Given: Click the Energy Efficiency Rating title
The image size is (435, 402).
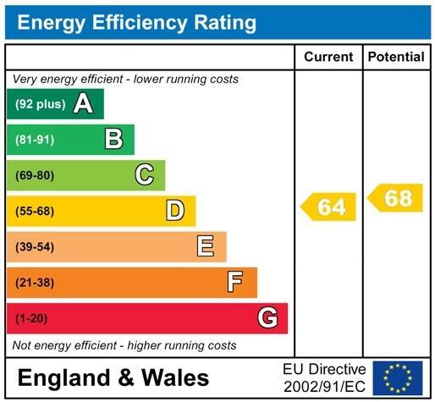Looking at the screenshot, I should (x=136, y=23).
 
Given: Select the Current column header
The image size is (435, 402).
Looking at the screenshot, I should (x=328, y=58).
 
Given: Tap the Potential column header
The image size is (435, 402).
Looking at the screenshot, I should (x=397, y=58).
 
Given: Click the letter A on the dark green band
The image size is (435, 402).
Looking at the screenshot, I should (x=83, y=104).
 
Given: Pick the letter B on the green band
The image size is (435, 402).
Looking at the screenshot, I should (x=113, y=140).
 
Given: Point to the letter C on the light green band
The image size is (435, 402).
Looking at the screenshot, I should (x=145, y=175).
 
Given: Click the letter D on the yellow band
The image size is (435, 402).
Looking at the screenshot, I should (x=175, y=211).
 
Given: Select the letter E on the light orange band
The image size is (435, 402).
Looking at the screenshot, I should (x=206, y=246).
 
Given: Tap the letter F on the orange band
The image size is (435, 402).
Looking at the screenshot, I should (x=236, y=282).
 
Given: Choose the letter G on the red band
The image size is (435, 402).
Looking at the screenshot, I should (x=267, y=318).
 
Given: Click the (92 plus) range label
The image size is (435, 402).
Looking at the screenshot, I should (x=39, y=105).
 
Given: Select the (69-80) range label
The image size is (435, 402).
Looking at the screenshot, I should (x=34, y=176).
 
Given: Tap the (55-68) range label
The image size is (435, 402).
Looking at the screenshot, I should (x=34, y=212).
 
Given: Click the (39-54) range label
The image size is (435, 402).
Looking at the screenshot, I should (x=34, y=247).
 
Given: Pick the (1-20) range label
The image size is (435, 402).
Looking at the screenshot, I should (x=31, y=318).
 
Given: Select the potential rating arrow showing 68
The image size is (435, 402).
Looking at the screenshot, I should (x=396, y=199).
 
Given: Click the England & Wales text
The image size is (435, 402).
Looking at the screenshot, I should (x=113, y=377).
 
